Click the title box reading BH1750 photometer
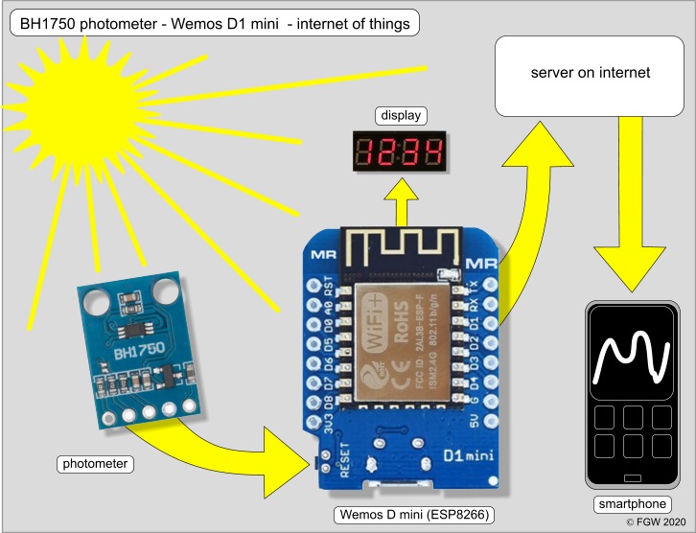point(214,20)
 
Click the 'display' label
point(400,116)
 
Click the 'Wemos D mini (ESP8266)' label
point(414,515)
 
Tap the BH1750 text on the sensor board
point(135,355)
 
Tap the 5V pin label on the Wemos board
point(474,420)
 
